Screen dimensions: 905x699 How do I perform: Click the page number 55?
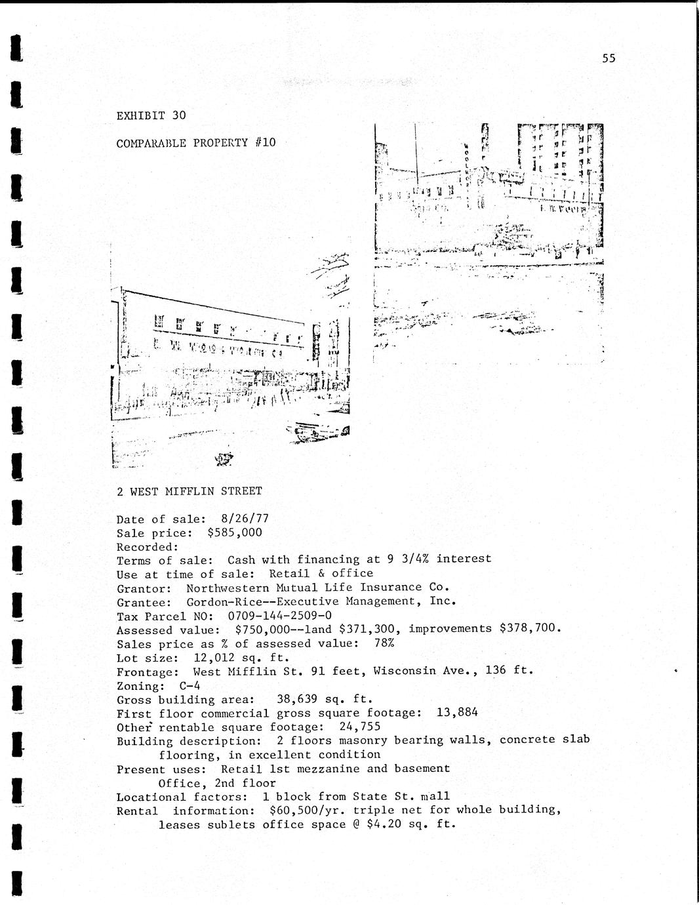(x=609, y=58)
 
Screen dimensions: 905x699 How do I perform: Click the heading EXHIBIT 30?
(x=151, y=115)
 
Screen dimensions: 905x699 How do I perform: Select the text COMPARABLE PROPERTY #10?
(x=195, y=142)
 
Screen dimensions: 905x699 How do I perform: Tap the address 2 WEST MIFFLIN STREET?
(x=189, y=491)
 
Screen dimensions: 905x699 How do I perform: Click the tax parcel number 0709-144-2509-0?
(x=279, y=615)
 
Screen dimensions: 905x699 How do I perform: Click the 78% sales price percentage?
(x=384, y=643)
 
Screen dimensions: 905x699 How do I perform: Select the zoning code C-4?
(x=190, y=685)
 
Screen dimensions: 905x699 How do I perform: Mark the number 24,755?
(x=359, y=727)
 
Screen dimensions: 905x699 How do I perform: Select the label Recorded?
(x=148, y=546)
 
